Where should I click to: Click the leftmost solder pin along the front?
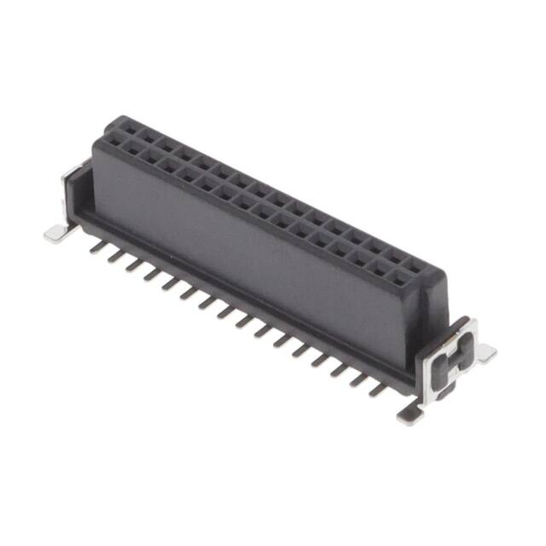98,245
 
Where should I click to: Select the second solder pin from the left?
116,254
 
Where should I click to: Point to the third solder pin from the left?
134,264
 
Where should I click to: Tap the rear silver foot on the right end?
485,351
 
